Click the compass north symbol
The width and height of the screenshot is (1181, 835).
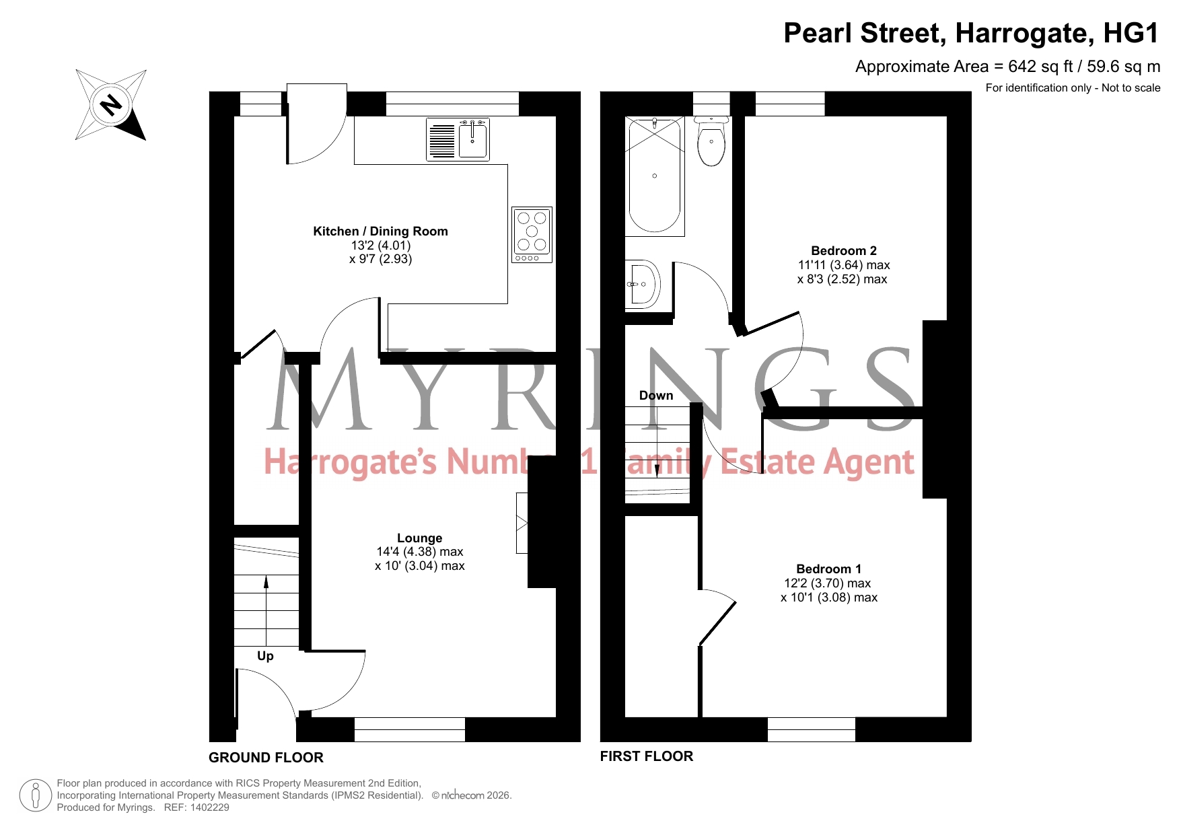pyautogui.click(x=111, y=105)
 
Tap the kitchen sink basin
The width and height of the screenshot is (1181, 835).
pyautogui.click(x=473, y=139)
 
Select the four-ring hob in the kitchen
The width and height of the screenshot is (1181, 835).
pyautogui.click(x=532, y=234)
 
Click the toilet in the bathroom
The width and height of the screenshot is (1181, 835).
pyautogui.click(x=711, y=141)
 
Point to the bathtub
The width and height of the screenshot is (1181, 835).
pyautogui.click(x=655, y=176)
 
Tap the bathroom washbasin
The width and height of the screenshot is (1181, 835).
pyautogui.click(x=643, y=284)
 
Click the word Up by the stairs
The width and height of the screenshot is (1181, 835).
pyautogui.click(x=265, y=656)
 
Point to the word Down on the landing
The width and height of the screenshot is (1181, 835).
pyautogui.click(x=656, y=396)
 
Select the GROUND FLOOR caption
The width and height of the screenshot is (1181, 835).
pyautogui.click(x=266, y=758)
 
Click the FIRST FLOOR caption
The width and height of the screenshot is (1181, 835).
pyautogui.click(x=647, y=756)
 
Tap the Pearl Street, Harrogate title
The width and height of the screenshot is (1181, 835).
pyautogui.click(x=972, y=33)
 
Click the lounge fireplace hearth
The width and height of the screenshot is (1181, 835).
pyautogui.click(x=522, y=523)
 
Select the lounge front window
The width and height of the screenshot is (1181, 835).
pyautogui.click(x=409, y=729)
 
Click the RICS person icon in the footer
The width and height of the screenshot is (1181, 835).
pyautogui.click(x=36, y=795)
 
